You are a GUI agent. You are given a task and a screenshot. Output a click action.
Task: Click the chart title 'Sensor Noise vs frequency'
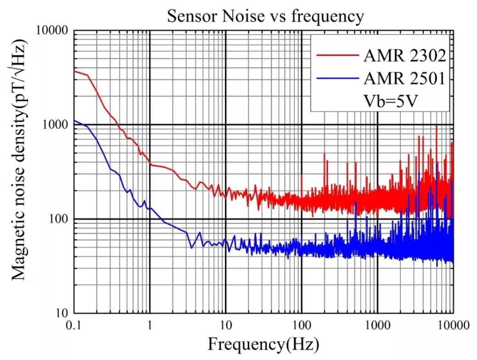point(266,16)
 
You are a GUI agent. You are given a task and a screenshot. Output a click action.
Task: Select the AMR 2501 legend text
point(405,79)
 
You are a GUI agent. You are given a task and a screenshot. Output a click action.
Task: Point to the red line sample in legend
point(338,55)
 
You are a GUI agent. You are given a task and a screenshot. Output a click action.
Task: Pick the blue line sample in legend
point(338,79)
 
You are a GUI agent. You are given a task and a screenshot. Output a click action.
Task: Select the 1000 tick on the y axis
point(55,125)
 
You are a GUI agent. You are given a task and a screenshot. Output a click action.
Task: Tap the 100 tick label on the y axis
point(58,219)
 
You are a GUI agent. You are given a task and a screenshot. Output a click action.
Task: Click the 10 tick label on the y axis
point(61,314)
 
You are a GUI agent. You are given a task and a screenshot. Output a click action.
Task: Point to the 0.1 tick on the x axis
point(74,326)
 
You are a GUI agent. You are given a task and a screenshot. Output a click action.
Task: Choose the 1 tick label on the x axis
point(150,326)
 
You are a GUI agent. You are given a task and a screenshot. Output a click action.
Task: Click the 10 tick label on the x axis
point(226,326)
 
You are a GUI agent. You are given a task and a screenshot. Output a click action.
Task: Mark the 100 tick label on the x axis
point(301,326)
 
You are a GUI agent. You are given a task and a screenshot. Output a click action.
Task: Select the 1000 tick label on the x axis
point(377,326)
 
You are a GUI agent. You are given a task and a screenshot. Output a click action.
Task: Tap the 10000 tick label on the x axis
point(452,326)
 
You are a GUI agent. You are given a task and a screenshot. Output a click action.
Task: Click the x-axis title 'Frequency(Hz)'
point(263,343)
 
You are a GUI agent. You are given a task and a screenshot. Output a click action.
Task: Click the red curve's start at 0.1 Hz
point(75,71)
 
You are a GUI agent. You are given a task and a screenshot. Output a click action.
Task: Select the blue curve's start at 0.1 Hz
point(75,121)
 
